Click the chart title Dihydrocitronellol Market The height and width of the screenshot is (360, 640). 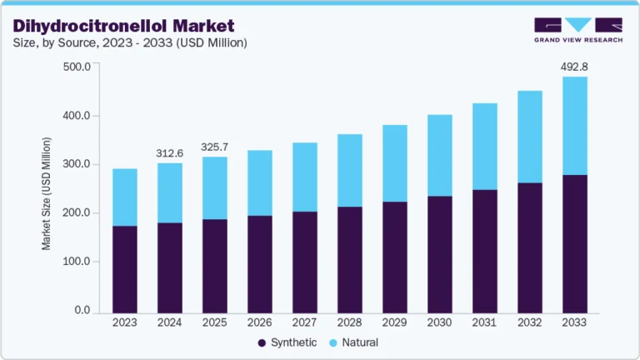(x=122, y=26)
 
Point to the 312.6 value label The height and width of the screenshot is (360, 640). (x=170, y=153)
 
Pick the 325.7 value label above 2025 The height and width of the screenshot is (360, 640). (x=216, y=147)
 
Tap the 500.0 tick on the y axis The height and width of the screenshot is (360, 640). (x=76, y=67)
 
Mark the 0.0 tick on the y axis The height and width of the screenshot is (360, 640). (x=82, y=310)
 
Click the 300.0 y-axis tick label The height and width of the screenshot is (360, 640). (x=76, y=164)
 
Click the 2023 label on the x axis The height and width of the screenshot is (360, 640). (x=125, y=322)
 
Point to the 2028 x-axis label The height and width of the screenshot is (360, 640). (x=349, y=322)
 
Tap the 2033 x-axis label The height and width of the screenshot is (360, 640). (x=573, y=322)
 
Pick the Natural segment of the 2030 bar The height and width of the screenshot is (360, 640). (x=439, y=155)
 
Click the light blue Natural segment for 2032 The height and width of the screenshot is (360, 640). (x=529, y=137)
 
